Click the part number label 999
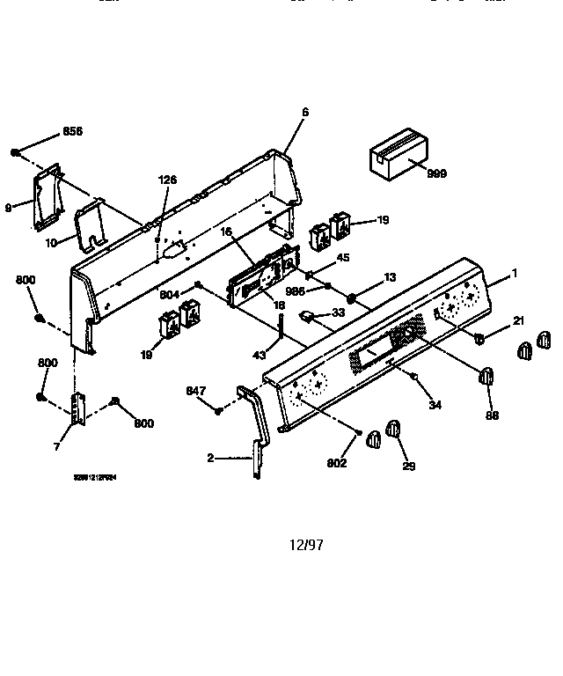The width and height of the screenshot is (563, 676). click(x=436, y=173)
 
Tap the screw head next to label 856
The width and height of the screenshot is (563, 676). click(x=16, y=152)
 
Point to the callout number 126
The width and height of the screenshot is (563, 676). click(x=167, y=180)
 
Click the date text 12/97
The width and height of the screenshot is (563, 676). click(x=306, y=545)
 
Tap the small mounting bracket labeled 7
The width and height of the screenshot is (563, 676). click(x=80, y=409)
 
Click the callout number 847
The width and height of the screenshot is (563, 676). click(x=195, y=390)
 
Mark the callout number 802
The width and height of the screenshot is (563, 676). click(x=337, y=463)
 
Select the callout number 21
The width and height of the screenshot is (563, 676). click(x=518, y=321)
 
